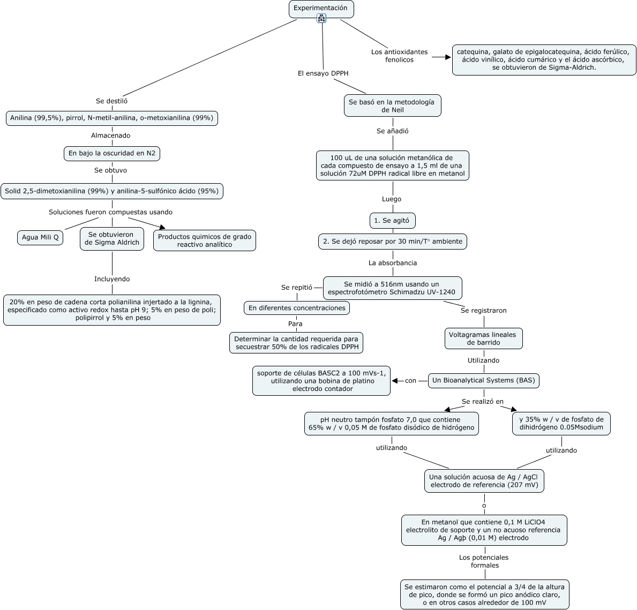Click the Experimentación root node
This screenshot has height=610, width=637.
pyautogui.click(x=321, y=9)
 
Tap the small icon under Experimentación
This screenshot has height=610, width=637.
pyautogui.click(x=321, y=18)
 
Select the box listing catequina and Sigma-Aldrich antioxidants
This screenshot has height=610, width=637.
pyautogui.click(x=544, y=59)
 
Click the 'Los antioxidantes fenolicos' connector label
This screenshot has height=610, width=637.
pyautogui.click(x=399, y=56)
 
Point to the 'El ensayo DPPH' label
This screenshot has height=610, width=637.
pyautogui.click(x=323, y=73)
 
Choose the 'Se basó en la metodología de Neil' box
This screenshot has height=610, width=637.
pyautogui.click(x=393, y=106)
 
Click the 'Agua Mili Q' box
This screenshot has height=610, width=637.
pyautogui.click(x=40, y=238)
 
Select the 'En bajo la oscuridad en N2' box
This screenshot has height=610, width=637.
pyautogui.click(x=112, y=154)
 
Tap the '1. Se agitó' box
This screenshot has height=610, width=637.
pyautogui.click(x=393, y=221)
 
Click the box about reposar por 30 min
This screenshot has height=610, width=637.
pyautogui.click(x=393, y=242)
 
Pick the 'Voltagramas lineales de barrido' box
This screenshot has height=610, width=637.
pyautogui.click(x=483, y=338)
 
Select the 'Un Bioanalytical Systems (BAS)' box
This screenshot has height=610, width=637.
pyautogui.click(x=483, y=381)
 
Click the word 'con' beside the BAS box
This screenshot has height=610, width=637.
pyautogui.click(x=411, y=381)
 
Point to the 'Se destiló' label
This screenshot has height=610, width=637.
pyautogui.click(x=112, y=101)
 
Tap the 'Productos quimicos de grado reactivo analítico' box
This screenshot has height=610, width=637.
pyautogui.click(x=204, y=241)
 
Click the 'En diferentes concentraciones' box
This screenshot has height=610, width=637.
pyautogui.click(x=297, y=308)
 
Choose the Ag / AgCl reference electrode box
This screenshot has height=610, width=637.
pyautogui.click(x=484, y=481)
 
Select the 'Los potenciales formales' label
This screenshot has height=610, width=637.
pyautogui.click(x=484, y=561)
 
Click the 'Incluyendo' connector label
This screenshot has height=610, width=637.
pyautogui.click(x=112, y=279)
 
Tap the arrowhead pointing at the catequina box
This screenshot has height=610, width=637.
pyautogui.click(x=448, y=57)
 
